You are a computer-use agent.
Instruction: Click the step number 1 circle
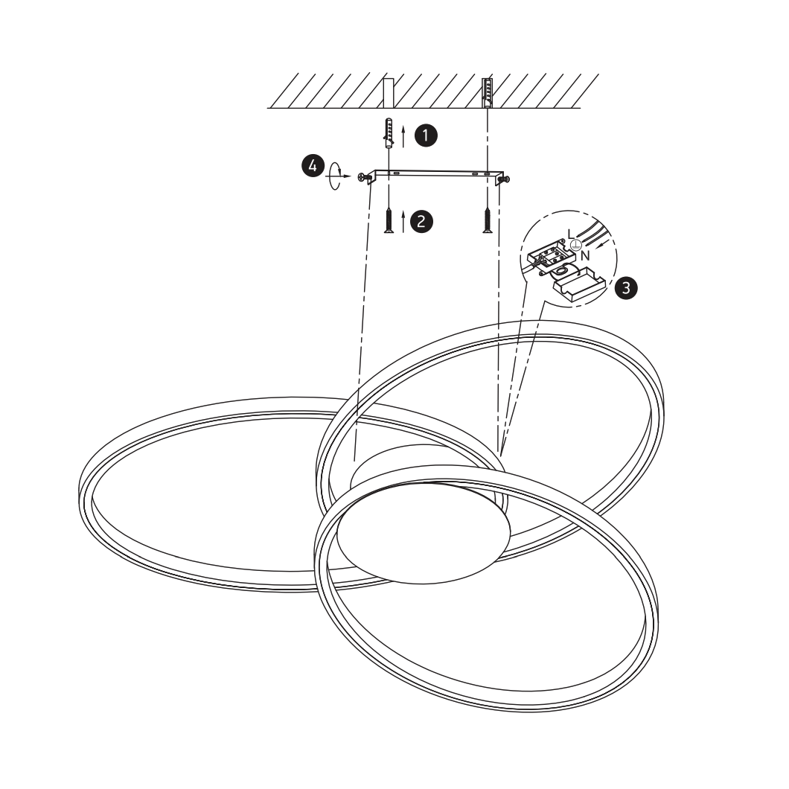point(426,135)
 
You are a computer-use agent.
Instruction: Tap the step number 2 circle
point(422,221)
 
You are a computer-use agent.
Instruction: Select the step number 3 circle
point(626,288)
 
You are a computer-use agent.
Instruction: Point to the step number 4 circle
point(313,165)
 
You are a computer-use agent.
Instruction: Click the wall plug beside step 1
point(388,132)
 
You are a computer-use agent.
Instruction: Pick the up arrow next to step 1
point(403,136)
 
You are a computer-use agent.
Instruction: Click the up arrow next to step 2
point(403,222)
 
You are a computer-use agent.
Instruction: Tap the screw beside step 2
point(389,221)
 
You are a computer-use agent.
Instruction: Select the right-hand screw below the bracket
point(487,221)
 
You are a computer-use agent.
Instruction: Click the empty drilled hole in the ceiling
point(389,93)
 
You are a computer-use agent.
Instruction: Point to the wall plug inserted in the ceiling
point(487,93)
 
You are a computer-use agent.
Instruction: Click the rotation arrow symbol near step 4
point(336,176)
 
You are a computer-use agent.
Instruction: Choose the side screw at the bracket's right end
point(504,179)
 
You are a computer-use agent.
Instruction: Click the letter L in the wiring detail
point(570,234)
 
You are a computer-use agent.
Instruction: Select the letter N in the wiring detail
point(585,256)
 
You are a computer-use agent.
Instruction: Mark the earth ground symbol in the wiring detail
point(576,245)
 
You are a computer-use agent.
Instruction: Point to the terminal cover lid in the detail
point(578,287)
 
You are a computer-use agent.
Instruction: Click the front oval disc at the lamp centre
point(424,534)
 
